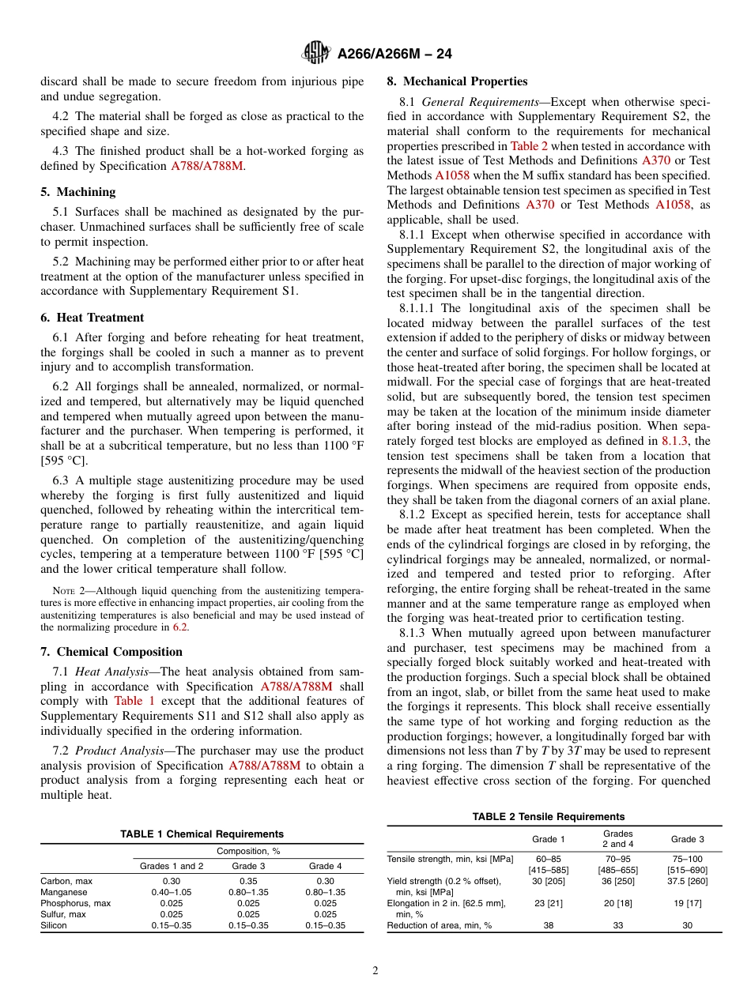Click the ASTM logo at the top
[316, 54]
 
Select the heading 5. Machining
[78, 192]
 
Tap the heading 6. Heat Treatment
[92, 318]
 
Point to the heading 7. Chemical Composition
[111, 652]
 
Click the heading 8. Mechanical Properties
[457, 81]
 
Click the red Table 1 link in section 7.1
[134, 701]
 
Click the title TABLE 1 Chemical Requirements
[202, 834]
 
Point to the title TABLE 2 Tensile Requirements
[548, 817]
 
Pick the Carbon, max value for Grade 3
[248, 880]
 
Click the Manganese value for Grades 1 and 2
[172, 891]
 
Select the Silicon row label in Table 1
[55, 925]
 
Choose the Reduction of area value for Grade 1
[548, 925]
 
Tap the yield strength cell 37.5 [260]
[687, 881]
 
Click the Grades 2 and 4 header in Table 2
[617, 838]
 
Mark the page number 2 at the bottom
[375, 971]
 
